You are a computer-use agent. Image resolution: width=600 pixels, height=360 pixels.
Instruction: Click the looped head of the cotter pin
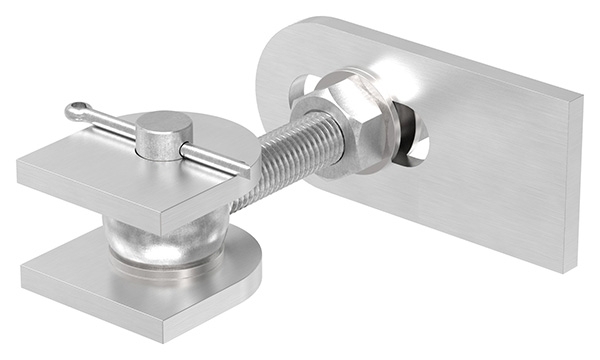pos(77,111)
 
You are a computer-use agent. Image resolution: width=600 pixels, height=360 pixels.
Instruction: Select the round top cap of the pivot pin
pos(164,127)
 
